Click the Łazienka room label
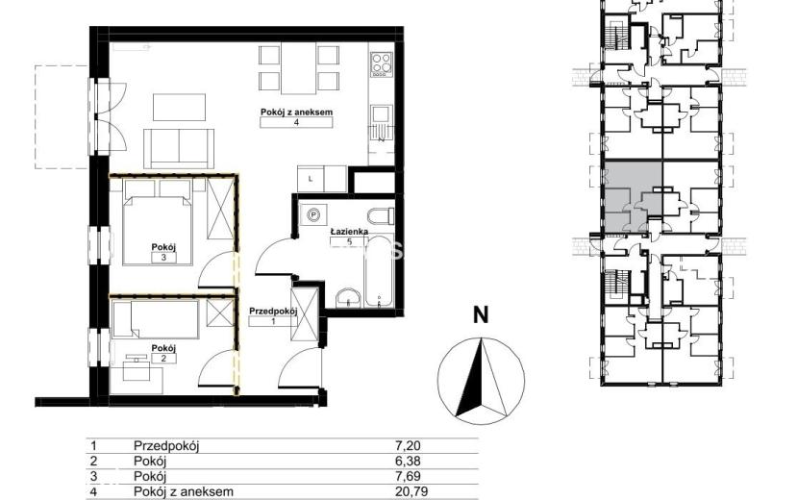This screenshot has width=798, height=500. [x=349, y=232]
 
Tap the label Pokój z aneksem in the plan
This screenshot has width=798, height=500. [x=296, y=112]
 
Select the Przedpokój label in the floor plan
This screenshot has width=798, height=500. [x=273, y=312]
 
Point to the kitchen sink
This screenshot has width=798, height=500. [x=382, y=123]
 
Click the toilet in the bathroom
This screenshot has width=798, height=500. [x=381, y=216]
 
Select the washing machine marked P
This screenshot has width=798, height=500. [x=314, y=216]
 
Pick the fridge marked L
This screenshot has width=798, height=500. [x=311, y=179]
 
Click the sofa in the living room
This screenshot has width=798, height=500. [x=179, y=148]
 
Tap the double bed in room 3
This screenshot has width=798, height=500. [x=158, y=222]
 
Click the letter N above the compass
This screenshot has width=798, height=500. [x=481, y=315]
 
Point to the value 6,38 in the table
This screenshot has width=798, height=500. [x=409, y=462]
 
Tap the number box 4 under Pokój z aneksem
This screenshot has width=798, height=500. [x=296, y=122]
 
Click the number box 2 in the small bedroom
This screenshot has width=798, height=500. [x=163, y=358]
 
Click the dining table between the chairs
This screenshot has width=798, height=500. [x=299, y=70]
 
